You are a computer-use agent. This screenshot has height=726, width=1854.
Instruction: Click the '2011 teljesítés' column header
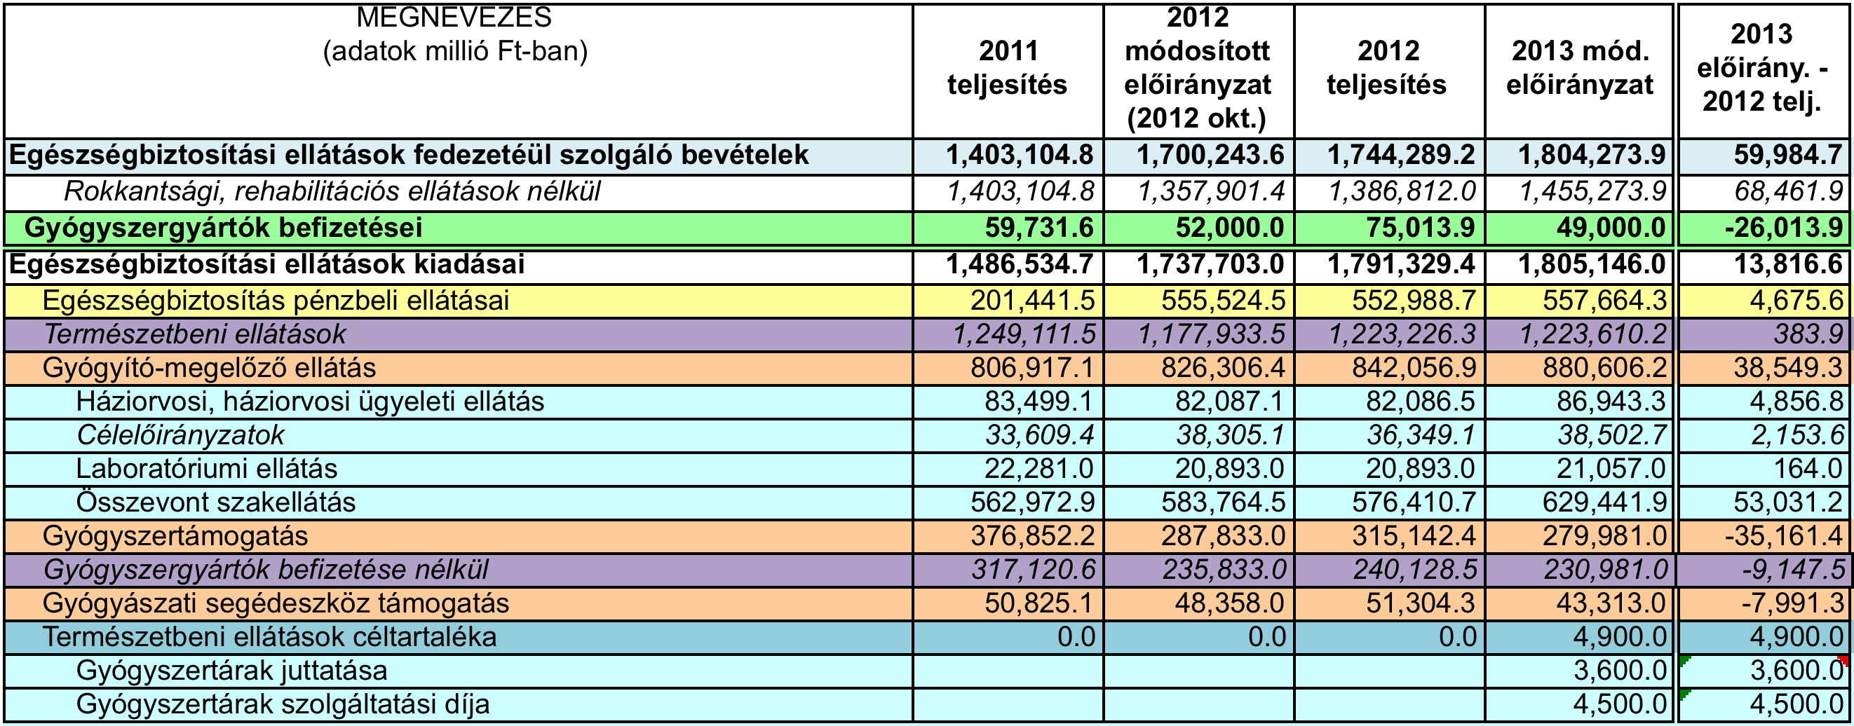[x=1007, y=68]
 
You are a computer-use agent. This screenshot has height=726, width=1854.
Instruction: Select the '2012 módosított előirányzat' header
[x=1198, y=68]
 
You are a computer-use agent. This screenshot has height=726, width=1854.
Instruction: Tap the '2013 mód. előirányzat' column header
[x=1580, y=68]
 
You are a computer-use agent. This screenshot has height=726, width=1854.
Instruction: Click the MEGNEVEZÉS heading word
[x=454, y=18]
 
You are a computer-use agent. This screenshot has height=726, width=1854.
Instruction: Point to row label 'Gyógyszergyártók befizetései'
[x=223, y=228]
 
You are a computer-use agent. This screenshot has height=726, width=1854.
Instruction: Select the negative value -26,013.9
[x=1784, y=228]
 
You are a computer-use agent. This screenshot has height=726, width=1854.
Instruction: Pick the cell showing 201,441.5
[x=1033, y=301]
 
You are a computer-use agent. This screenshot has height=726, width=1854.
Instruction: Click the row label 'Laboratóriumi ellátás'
[x=207, y=469]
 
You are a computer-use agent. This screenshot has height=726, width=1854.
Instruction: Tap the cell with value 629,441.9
[x=1604, y=502]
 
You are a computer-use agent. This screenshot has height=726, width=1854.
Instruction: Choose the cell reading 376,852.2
[x=1033, y=536]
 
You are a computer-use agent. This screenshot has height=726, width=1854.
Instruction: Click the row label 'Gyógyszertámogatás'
[x=175, y=537]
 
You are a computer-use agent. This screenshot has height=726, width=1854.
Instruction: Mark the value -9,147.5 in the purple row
[x=1793, y=570]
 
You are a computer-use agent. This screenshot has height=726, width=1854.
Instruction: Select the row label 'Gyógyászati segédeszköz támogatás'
[x=276, y=603]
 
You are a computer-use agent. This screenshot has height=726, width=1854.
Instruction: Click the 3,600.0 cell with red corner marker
[x=1797, y=671]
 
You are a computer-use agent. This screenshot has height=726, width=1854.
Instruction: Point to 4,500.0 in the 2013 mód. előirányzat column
[x=1619, y=704]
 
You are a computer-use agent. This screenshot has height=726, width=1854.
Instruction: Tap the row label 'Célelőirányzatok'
[x=180, y=435]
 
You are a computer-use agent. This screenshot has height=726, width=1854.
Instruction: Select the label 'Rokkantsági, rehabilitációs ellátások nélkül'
[x=332, y=192]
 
